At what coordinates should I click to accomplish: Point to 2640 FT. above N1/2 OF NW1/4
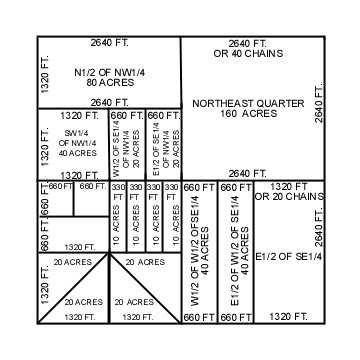point(109,43)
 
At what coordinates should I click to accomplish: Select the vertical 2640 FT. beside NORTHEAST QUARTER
point(319,105)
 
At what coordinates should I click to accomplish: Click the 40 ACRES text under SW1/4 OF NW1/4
point(73,153)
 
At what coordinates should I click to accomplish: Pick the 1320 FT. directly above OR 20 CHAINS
point(289,186)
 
